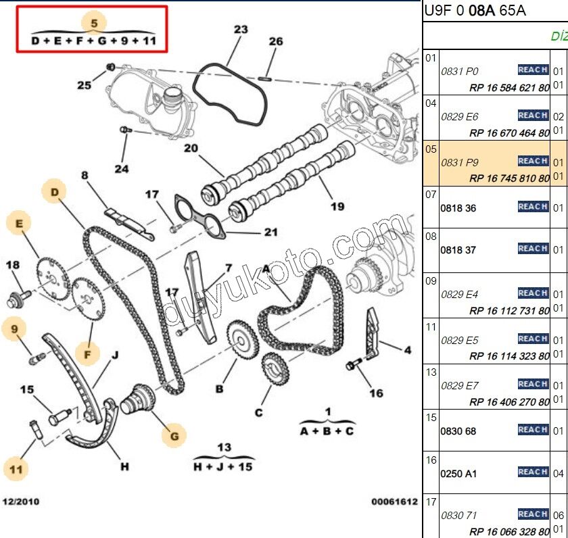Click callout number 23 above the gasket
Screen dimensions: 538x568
pyautogui.click(x=241, y=29)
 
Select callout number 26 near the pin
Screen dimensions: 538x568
pyautogui.click(x=275, y=41)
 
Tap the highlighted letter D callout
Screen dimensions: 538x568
pyautogui.click(x=55, y=192)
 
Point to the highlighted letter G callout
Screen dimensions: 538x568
pyautogui.click(x=174, y=436)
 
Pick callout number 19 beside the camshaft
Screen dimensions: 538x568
pyautogui.click(x=337, y=207)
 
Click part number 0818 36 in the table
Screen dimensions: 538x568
pyautogui.click(x=458, y=208)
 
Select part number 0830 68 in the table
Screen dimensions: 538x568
pyautogui.click(x=458, y=431)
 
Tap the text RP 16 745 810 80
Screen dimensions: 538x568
pyautogui.click(x=509, y=178)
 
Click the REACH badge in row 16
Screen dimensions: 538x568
pyautogui.click(x=533, y=472)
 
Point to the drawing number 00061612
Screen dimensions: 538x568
pyautogui.click(x=394, y=502)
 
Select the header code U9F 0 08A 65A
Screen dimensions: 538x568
pyautogui.click(x=475, y=10)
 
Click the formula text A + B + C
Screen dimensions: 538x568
pyautogui.click(x=327, y=431)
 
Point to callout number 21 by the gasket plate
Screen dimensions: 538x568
pyautogui.click(x=270, y=233)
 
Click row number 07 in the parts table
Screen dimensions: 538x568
pyautogui.click(x=431, y=195)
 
